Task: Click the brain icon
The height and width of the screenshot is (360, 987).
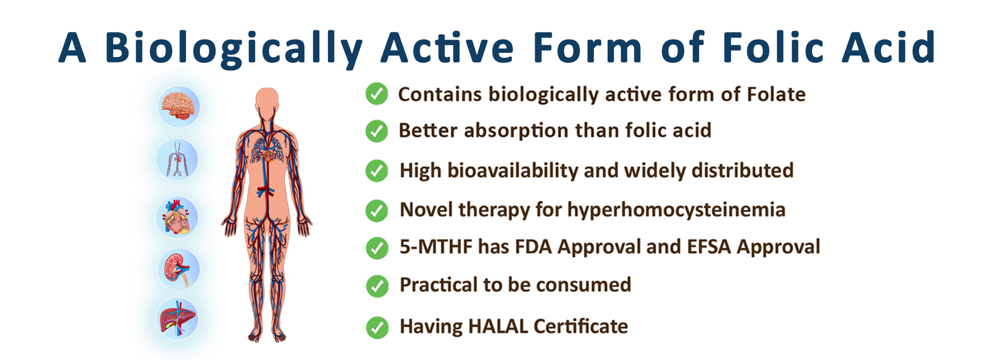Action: pos(178,106)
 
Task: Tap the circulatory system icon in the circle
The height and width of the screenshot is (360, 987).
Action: pos(177,159)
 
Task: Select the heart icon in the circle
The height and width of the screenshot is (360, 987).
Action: pos(177,217)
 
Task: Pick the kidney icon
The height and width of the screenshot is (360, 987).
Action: pos(178,269)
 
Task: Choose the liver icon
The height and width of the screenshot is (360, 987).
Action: pos(177,318)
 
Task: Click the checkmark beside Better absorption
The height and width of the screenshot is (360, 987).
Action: pos(377,131)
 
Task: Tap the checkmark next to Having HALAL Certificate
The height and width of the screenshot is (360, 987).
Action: pos(377,328)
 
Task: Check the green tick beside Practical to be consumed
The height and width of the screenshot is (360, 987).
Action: pos(377,286)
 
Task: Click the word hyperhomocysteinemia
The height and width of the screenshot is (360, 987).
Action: pos(677,210)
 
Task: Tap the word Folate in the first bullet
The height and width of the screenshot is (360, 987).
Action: pos(776,95)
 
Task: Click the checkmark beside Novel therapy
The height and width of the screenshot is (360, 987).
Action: pos(377,211)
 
